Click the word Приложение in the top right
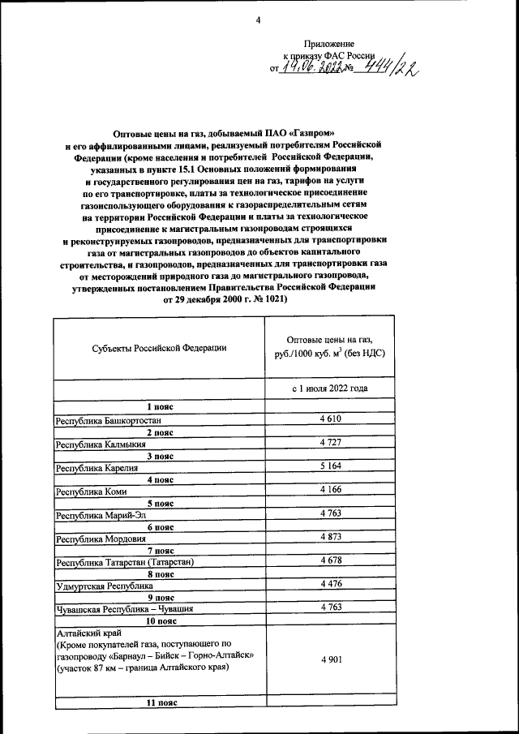328,43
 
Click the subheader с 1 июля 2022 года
330,388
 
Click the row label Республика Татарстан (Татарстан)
125,562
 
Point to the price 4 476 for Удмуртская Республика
330,583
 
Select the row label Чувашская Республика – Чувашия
124,608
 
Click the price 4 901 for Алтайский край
330,659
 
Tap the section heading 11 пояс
158,704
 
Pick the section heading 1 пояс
158,406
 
